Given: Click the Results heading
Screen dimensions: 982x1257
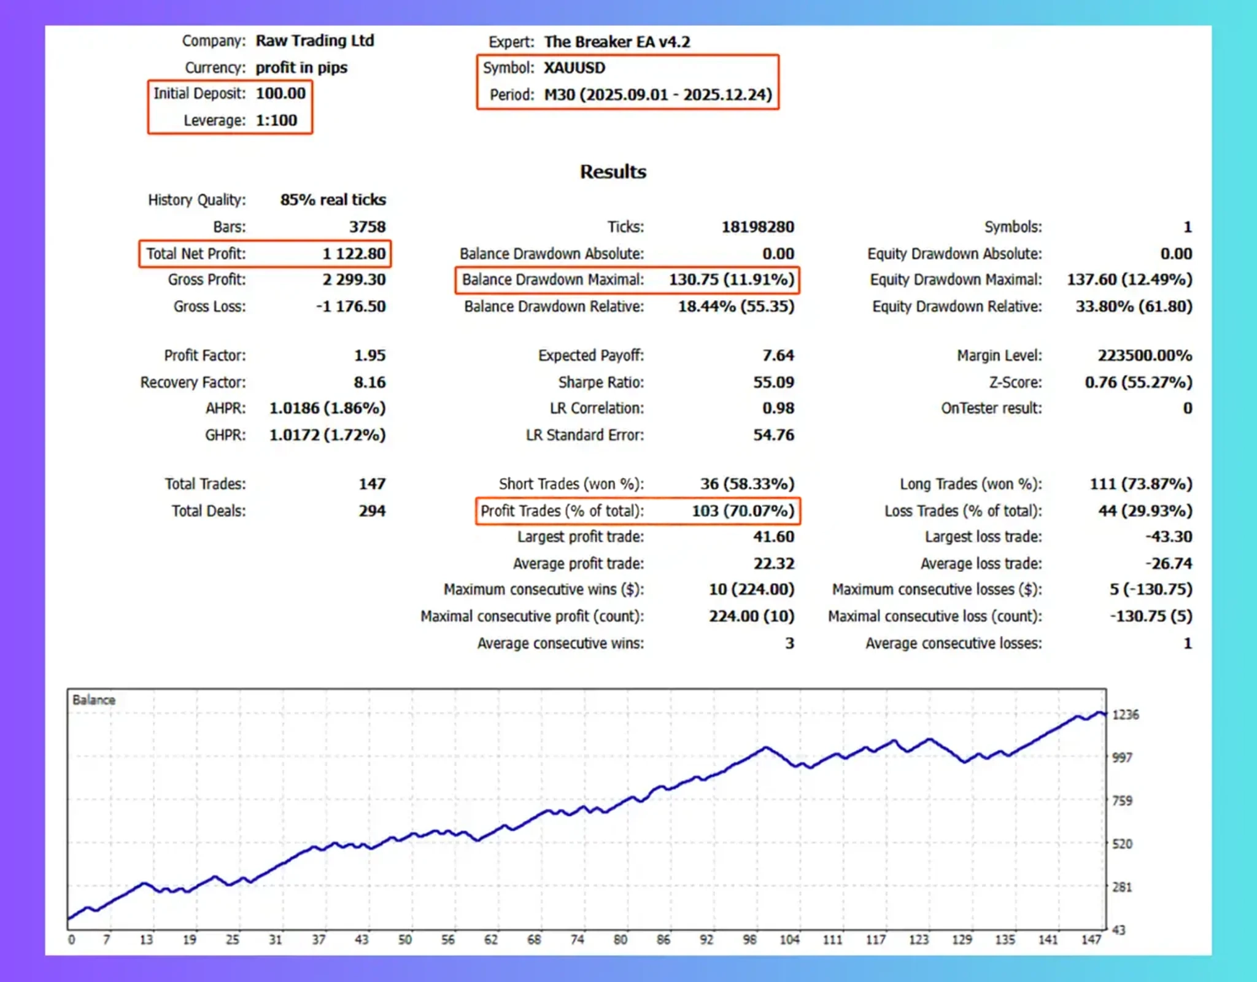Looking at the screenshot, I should [x=613, y=171].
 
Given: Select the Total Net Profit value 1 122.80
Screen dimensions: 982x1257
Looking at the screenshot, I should [x=354, y=253].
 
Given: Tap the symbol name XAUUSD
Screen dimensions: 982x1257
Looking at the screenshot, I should [x=574, y=68].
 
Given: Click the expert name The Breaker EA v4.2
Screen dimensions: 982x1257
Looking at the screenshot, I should [x=617, y=42].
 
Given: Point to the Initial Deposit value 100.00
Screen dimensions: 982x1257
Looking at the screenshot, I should [x=280, y=93].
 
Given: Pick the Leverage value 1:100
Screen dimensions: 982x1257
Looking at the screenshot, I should [x=276, y=120].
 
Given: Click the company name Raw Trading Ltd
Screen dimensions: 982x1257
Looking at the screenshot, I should [x=315, y=41].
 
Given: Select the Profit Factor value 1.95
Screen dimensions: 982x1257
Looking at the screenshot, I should [x=369, y=355].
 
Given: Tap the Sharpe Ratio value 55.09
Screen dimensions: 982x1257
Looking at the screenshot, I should [x=773, y=382].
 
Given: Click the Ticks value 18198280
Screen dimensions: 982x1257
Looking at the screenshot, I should [x=757, y=227].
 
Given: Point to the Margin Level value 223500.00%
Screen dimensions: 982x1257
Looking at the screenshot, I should [x=1145, y=355].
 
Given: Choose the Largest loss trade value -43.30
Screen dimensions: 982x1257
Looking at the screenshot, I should [x=1169, y=536].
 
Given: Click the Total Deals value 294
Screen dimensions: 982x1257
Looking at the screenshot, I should [x=372, y=511].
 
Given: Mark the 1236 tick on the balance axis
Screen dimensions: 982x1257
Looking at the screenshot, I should [x=1126, y=714].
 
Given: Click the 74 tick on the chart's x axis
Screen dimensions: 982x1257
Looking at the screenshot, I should [x=577, y=940].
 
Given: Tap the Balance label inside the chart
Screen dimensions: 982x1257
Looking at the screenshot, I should [x=94, y=700].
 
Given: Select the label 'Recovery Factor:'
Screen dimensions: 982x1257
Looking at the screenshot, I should [x=193, y=382].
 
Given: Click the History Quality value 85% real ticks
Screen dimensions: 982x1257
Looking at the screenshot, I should [x=333, y=200].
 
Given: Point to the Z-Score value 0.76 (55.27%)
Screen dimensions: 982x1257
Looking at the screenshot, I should [x=1138, y=382].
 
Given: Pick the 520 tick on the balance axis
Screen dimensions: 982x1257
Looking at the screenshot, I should [x=1122, y=844].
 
